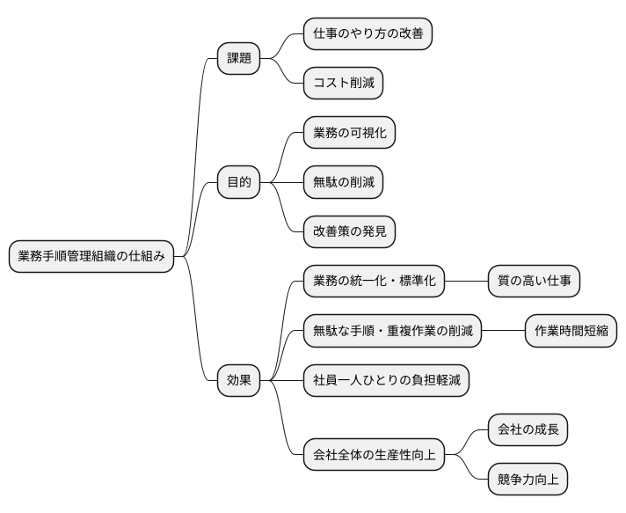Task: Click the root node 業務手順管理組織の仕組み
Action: (x=91, y=257)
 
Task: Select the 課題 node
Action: (x=239, y=59)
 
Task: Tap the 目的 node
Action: (x=239, y=183)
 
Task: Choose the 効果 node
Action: (x=239, y=381)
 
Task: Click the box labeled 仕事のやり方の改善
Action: (x=368, y=34)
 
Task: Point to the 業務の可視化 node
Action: (x=349, y=133)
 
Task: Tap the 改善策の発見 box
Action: (x=349, y=232)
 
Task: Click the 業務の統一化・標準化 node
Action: (x=374, y=282)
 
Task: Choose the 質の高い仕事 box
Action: (x=534, y=282)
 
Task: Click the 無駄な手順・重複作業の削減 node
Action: (x=392, y=332)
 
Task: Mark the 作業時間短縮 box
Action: (x=571, y=332)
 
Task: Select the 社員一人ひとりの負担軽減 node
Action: (x=386, y=381)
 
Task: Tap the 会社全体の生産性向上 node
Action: (x=374, y=455)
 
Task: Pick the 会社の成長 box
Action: (x=528, y=430)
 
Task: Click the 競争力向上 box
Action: (x=528, y=480)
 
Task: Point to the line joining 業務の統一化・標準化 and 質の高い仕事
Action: (x=466, y=282)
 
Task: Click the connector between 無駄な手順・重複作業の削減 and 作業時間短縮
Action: (x=503, y=332)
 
